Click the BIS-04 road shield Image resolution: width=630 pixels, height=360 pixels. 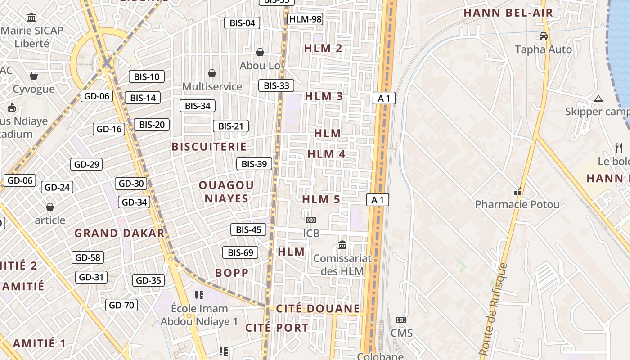pos(242,23)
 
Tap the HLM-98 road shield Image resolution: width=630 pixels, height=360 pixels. pos(306,19)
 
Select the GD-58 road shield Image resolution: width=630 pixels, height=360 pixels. pos(88,257)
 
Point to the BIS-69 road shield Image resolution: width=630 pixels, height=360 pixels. pos(240,252)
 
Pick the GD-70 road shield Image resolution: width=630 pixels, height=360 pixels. pos(121,305)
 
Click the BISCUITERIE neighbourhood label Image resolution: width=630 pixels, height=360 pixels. pos(209,147)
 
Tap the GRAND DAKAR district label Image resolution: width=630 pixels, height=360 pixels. pos(119,233)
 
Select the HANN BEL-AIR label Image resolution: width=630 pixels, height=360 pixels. pos(508,13)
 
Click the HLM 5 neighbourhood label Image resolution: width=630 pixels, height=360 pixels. pos(321,199)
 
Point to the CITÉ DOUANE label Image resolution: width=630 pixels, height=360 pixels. pos(318,308)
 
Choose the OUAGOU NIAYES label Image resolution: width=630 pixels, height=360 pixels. pos(226,192)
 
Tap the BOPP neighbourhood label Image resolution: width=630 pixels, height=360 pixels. pos(232,273)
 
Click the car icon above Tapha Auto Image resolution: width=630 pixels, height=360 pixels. pos(543,36)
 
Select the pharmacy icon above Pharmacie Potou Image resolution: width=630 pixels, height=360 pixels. pos(517,192)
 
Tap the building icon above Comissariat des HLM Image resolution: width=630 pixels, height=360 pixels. pos(342,245)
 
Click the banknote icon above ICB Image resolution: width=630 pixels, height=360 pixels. pos(311,220)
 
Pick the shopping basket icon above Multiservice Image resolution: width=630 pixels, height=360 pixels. pos(212,73)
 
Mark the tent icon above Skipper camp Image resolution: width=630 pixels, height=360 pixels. pos(598,99)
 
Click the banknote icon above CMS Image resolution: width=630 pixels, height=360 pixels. pos(401,320)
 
